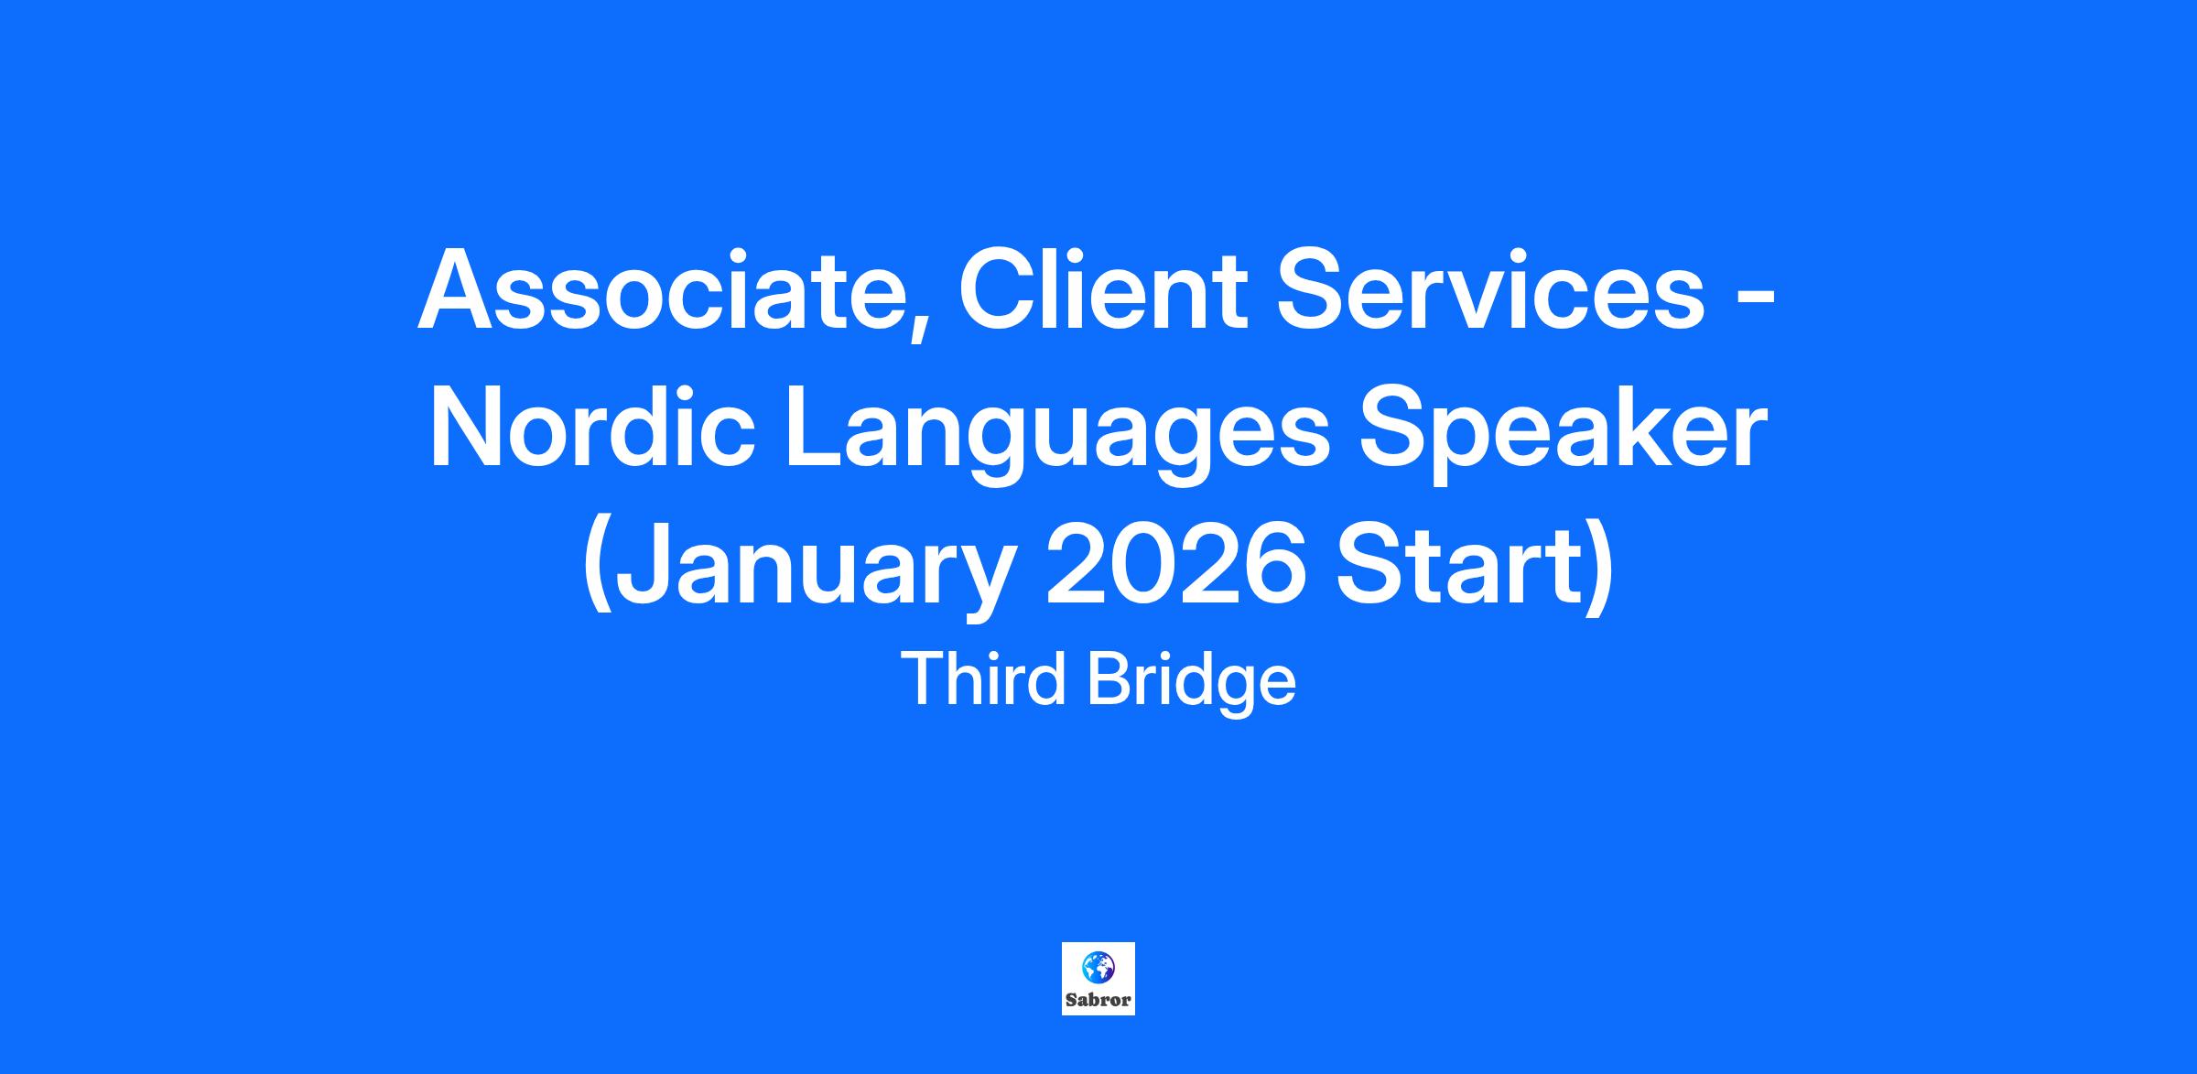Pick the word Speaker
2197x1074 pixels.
click(1562, 434)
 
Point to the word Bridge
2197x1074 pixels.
click(1191, 684)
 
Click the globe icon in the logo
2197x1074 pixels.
click(1098, 966)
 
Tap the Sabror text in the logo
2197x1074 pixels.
click(1098, 1000)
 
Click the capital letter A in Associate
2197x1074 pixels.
click(458, 290)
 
